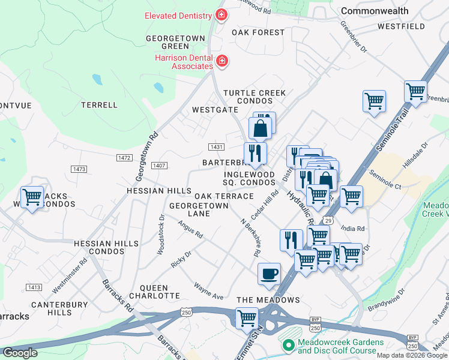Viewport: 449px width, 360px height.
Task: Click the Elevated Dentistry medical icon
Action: [x=221, y=15]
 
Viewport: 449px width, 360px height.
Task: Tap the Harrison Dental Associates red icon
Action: [x=221, y=61]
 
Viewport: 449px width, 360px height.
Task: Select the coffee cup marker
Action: [x=269, y=274]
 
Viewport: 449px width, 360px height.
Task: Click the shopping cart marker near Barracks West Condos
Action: [x=32, y=197]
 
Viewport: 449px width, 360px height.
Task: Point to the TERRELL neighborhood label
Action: [x=100, y=105]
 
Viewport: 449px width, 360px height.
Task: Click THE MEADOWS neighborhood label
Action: [x=268, y=300]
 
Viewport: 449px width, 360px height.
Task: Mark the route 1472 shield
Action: [x=124, y=157]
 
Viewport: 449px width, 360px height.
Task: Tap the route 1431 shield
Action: [x=217, y=147]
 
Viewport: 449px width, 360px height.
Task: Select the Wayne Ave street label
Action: [x=208, y=290]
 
